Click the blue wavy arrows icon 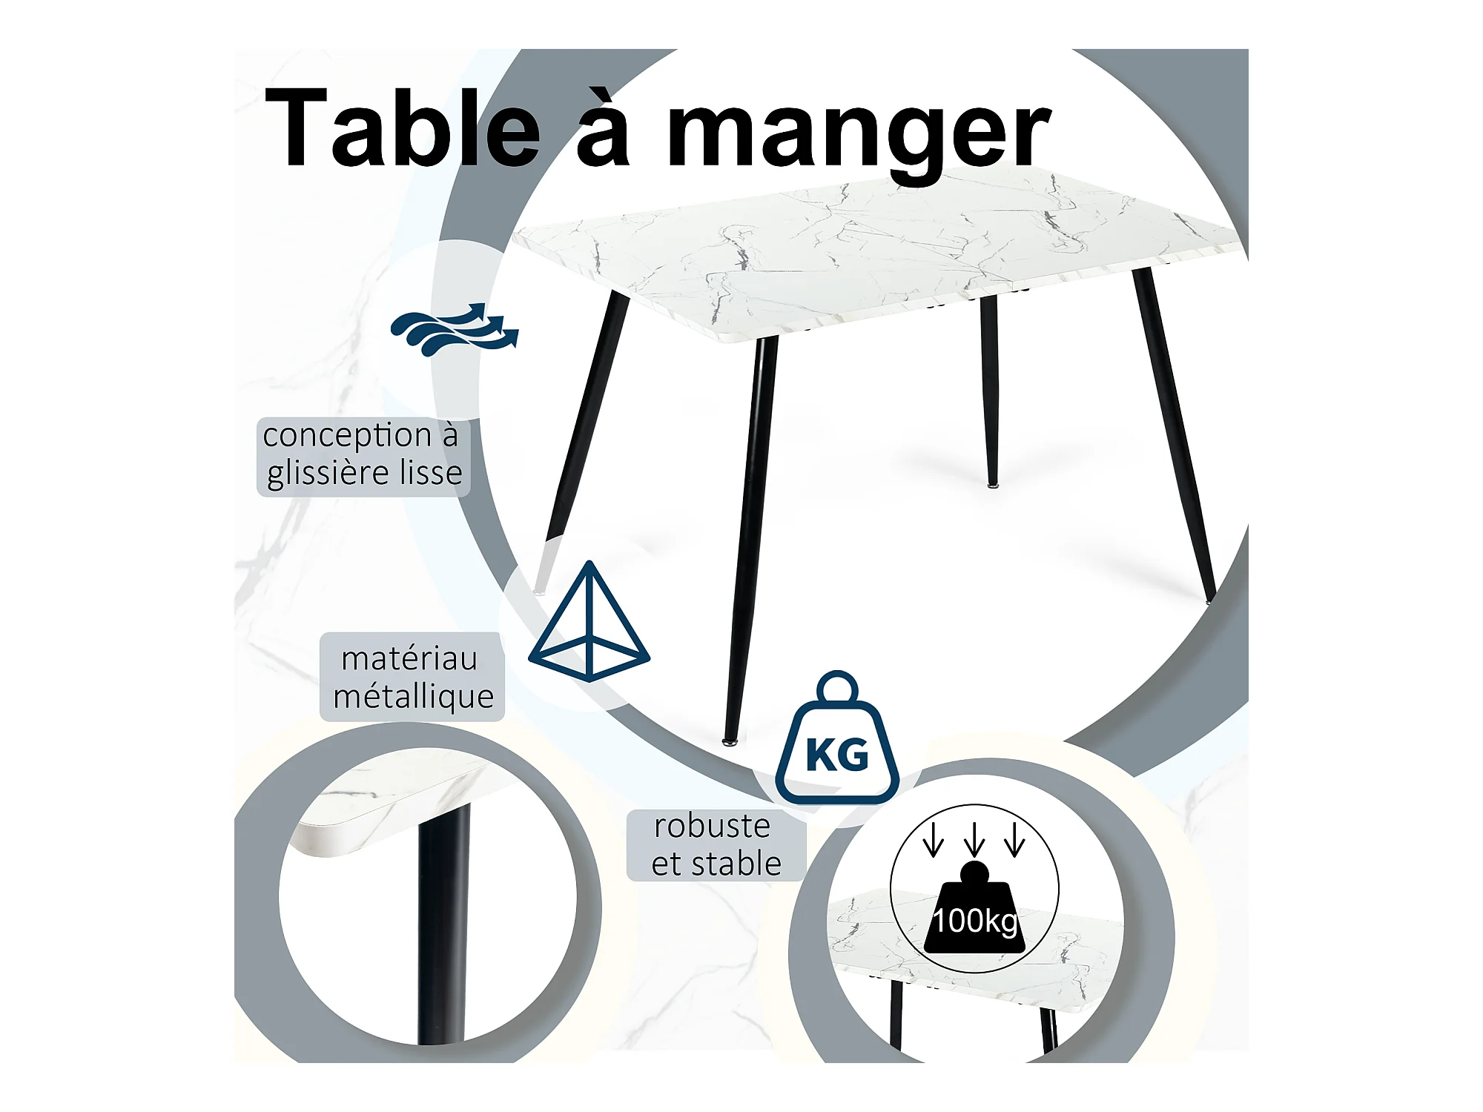455,329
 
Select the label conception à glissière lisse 363,455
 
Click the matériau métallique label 412,677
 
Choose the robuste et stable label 716,845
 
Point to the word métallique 413,697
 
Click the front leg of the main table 749,534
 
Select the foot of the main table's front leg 730,739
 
